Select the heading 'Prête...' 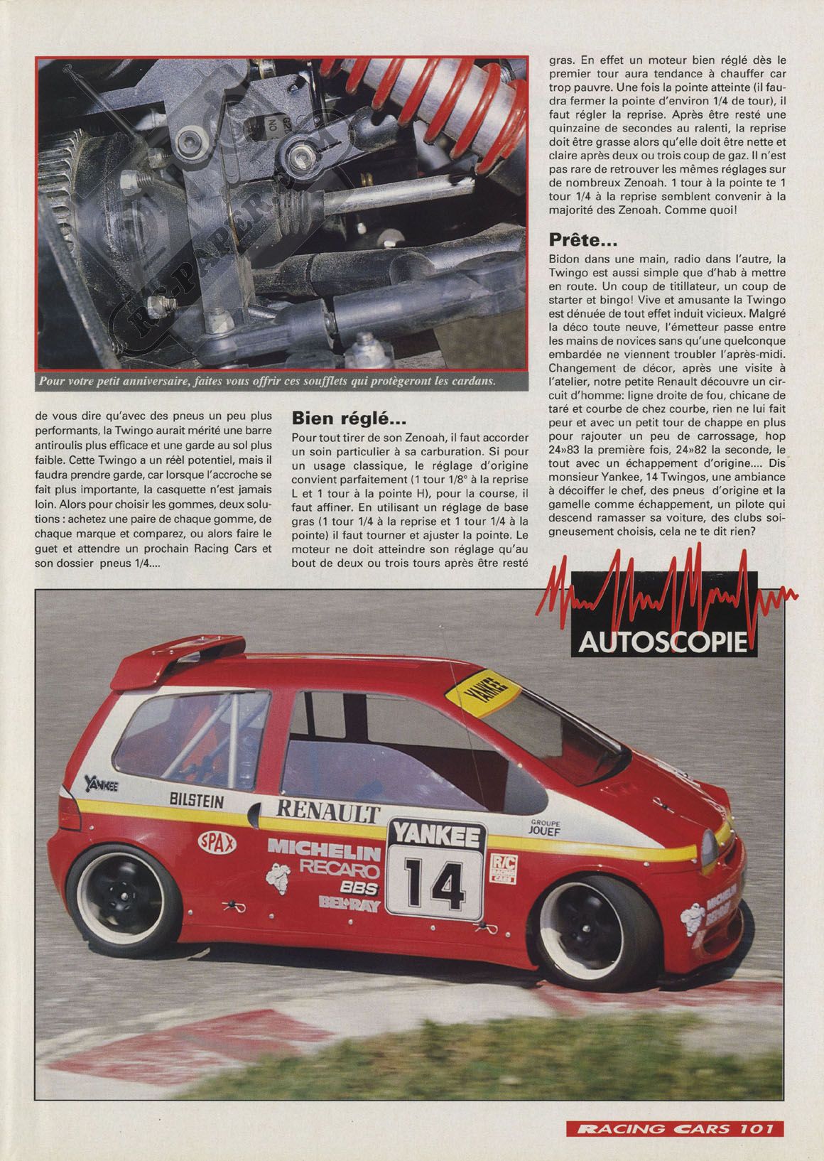click(583, 241)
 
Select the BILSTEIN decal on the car click(197, 801)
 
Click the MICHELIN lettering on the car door click(324, 849)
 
